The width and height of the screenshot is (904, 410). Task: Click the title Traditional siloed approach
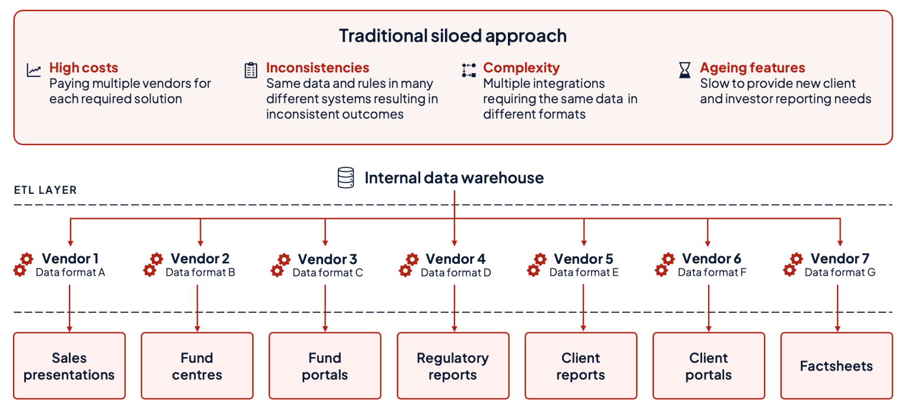(x=453, y=35)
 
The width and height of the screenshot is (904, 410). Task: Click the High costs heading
(x=84, y=68)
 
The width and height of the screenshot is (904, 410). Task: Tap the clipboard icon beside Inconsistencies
(x=251, y=70)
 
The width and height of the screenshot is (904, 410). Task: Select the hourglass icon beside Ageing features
(x=684, y=71)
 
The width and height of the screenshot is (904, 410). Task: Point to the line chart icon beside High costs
(x=34, y=71)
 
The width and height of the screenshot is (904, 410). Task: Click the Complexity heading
(x=521, y=68)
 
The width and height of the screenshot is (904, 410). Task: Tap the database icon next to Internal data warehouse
(x=345, y=178)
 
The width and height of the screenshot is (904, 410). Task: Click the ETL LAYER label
(x=45, y=190)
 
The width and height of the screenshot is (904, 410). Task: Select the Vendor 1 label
(x=70, y=258)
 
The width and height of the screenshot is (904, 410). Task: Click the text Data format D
(x=456, y=273)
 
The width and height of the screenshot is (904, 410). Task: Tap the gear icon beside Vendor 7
(x=793, y=264)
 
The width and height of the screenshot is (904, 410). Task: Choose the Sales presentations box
(x=69, y=366)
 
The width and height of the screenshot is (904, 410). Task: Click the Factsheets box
(x=836, y=366)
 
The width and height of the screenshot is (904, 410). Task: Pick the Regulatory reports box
(x=453, y=366)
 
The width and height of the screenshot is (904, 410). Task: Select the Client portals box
(x=709, y=366)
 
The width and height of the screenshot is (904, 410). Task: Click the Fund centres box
(x=197, y=366)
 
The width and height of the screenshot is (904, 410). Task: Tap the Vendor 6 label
(x=711, y=258)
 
